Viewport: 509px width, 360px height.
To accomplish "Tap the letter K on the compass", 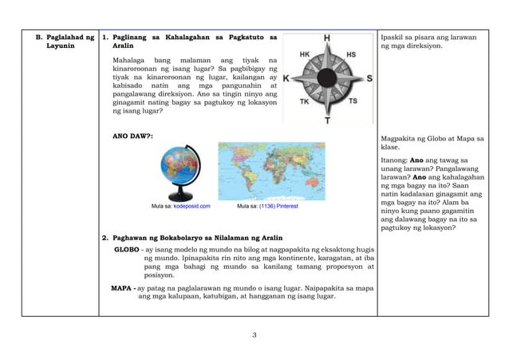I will [287, 79].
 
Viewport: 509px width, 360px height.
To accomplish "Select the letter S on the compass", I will [369, 78].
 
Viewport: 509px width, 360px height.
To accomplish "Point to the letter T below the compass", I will [327, 121].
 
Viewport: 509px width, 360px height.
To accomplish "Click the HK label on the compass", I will [305, 55].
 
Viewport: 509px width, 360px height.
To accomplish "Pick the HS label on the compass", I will [351, 55].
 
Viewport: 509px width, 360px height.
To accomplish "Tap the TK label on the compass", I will [304, 102].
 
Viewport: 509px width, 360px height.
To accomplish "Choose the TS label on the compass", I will [352, 102].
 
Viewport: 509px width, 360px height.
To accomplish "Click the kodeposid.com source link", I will [191, 206].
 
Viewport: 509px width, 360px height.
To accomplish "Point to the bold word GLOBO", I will [127, 249].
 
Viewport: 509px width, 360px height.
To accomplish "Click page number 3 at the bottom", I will [254, 334].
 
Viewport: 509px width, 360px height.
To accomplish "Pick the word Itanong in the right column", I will [397, 160].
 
